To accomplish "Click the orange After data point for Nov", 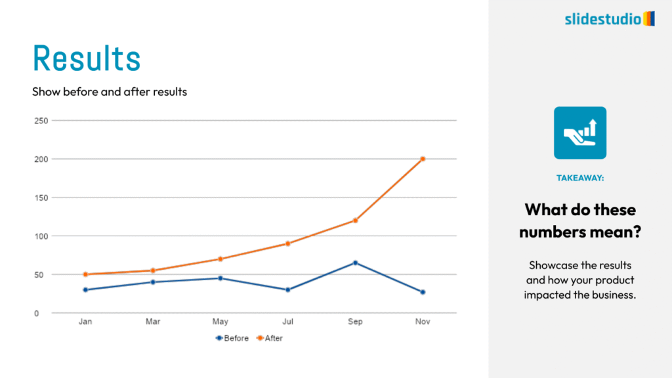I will click(423, 159).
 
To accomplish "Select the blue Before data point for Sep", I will click(355, 262).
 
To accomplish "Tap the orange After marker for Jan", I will click(85, 274).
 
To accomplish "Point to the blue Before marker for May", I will click(220, 278).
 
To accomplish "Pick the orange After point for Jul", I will click(287, 243).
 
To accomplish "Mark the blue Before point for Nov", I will click(423, 292).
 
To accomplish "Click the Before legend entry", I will click(233, 339).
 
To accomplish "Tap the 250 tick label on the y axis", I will click(41, 121).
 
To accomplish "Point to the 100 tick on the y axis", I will click(41, 236).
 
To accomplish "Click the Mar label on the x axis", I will click(153, 322).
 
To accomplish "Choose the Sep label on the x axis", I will click(355, 322).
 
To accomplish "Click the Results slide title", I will click(87, 58).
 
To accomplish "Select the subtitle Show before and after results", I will click(110, 92).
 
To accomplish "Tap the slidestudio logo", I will click(609, 18).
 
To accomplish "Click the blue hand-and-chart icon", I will click(580, 133).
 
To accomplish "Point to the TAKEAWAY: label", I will click(580, 178).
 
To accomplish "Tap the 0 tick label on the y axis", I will click(37, 314).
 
